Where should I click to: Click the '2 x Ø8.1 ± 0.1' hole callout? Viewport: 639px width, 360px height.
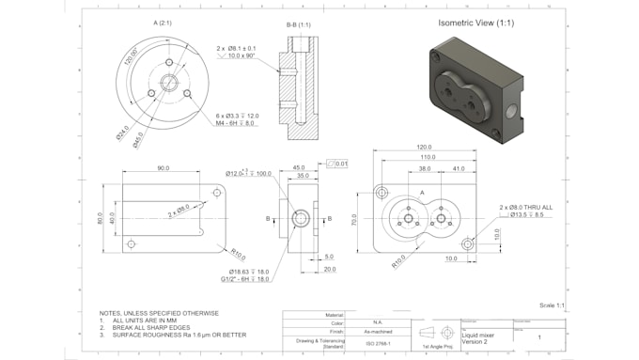(x=239, y=47)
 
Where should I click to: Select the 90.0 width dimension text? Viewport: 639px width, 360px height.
(x=164, y=168)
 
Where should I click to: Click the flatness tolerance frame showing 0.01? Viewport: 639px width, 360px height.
(x=341, y=164)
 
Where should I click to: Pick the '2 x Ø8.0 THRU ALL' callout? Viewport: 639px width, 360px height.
(x=527, y=206)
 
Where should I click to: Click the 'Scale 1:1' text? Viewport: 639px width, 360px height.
(x=553, y=305)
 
